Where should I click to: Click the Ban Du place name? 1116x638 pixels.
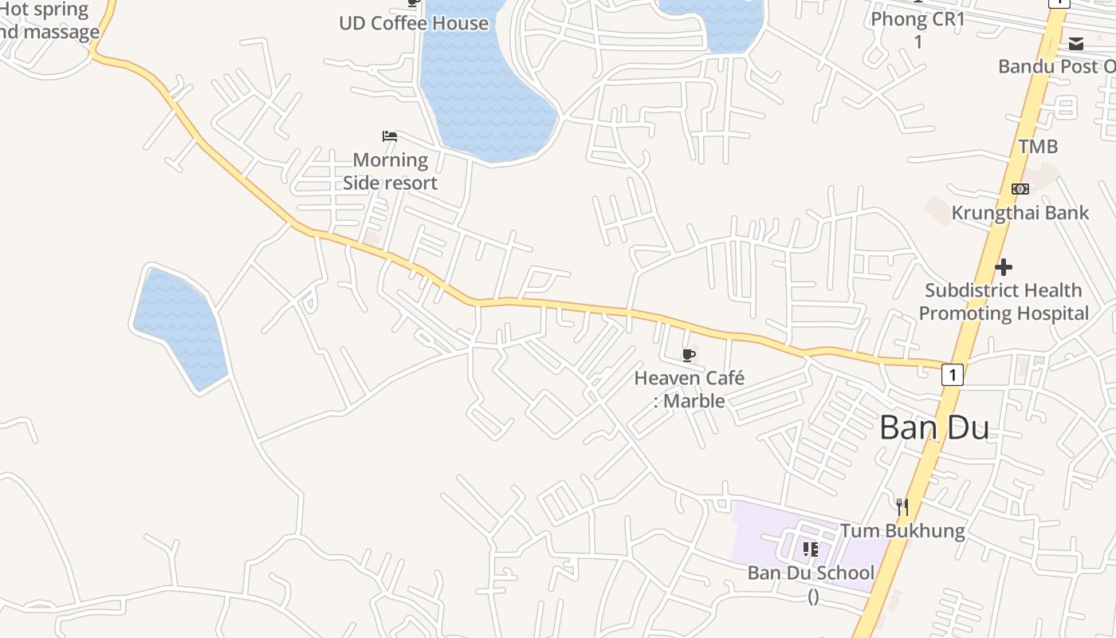pyautogui.click(x=934, y=428)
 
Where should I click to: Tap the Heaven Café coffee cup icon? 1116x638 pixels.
pyautogui.click(x=689, y=355)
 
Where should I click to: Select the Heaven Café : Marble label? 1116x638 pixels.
pyautogui.click(x=690, y=389)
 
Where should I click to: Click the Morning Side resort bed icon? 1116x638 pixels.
pyautogui.click(x=390, y=136)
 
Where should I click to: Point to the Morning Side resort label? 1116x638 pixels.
pyautogui.click(x=391, y=171)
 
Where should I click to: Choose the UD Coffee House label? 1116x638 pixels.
pyautogui.click(x=414, y=23)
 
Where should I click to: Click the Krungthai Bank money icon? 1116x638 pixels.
pyautogui.click(x=1020, y=189)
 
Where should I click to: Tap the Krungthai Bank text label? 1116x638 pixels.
pyautogui.click(x=1020, y=213)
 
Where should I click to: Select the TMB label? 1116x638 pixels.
pyautogui.click(x=1038, y=147)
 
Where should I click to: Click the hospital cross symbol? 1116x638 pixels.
pyautogui.click(x=1004, y=266)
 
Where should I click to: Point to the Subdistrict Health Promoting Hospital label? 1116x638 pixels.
pyautogui.click(x=1004, y=301)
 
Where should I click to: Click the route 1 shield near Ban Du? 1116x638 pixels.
pyautogui.click(x=952, y=374)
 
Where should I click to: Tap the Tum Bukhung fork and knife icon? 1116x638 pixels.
pyautogui.click(x=902, y=506)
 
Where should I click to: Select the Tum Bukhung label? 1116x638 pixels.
pyautogui.click(x=902, y=530)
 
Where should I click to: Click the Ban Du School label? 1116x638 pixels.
pyautogui.click(x=811, y=573)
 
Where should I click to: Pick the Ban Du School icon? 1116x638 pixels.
pyautogui.click(x=810, y=549)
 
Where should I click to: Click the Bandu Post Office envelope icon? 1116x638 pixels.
pyautogui.click(x=1076, y=44)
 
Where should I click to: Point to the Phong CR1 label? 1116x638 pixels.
pyautogui.click(x=918, y=19)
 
